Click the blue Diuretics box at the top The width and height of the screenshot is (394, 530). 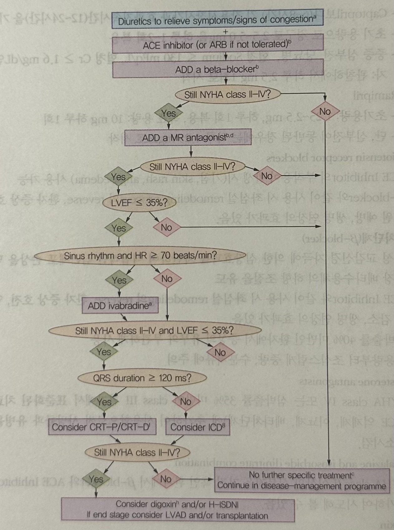(217, 21)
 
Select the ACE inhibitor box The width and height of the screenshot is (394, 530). (217, 45)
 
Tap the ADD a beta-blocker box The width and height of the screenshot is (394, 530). (217, 69)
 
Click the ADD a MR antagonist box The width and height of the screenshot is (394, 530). (188, 137)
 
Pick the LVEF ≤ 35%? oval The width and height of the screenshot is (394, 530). (139, 202)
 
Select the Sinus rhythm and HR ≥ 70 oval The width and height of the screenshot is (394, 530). (140, 256)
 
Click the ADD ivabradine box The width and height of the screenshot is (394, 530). (120, 305)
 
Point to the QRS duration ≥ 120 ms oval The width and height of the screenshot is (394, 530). (142, 378)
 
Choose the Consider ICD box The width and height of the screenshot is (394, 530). (197, 427)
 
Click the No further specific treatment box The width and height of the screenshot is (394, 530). (302, 480)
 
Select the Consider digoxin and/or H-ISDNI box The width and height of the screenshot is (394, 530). (178, 509)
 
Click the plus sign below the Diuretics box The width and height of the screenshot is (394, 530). (226, 32)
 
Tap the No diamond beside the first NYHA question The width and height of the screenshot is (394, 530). (325, 111)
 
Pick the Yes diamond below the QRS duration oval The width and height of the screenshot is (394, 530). (104, 402)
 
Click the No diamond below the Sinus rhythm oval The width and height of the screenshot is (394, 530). (167, 278)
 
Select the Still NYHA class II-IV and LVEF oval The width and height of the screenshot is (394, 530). (155, 331)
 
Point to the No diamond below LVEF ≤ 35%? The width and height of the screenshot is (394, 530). (167, 227)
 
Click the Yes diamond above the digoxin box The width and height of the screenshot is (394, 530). (96, 479)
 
